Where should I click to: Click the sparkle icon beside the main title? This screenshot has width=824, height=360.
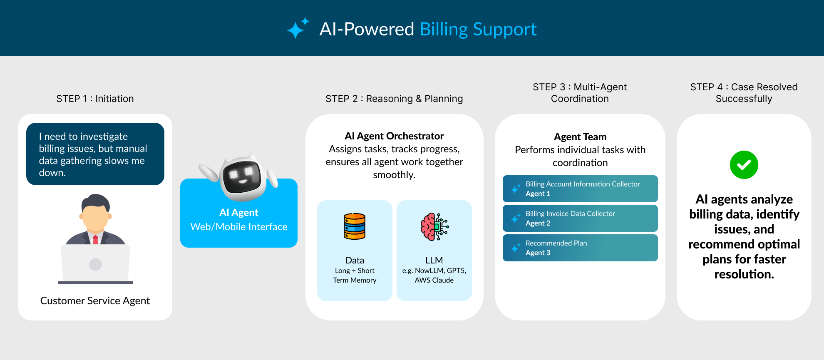(x=298, y=28)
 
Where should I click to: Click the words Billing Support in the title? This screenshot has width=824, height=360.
(x=478, y=29)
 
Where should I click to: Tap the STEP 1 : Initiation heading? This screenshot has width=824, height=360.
(x=95, y=99)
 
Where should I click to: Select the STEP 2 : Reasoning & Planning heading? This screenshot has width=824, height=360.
(x=394, y=99)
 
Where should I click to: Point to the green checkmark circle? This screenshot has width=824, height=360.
(x=744, y=165)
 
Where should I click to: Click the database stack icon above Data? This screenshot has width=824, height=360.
(x=355, y=226)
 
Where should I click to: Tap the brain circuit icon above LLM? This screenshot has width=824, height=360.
(x=434, y=227)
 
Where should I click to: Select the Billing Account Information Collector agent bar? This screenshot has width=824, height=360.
(x=580, y=189)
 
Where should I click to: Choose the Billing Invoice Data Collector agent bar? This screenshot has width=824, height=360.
(x=580, y=218)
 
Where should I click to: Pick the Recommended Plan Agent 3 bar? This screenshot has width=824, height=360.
(x=580, y=248)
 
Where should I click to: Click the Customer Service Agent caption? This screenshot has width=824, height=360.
(x=95, y=300)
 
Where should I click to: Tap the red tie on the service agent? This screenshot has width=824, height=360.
(x=95, y=239)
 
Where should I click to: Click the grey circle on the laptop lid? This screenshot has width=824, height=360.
(x=95, y=264)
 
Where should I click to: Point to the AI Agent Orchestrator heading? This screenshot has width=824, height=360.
(x=394, y=136)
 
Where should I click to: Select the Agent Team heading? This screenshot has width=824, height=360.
(x=580, y=137)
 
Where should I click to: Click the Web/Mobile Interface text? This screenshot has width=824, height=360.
(x=238, y=227)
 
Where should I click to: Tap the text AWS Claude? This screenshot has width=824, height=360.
(x=434, y=280)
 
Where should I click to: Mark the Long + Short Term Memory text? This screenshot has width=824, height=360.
(x=355, y=275)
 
